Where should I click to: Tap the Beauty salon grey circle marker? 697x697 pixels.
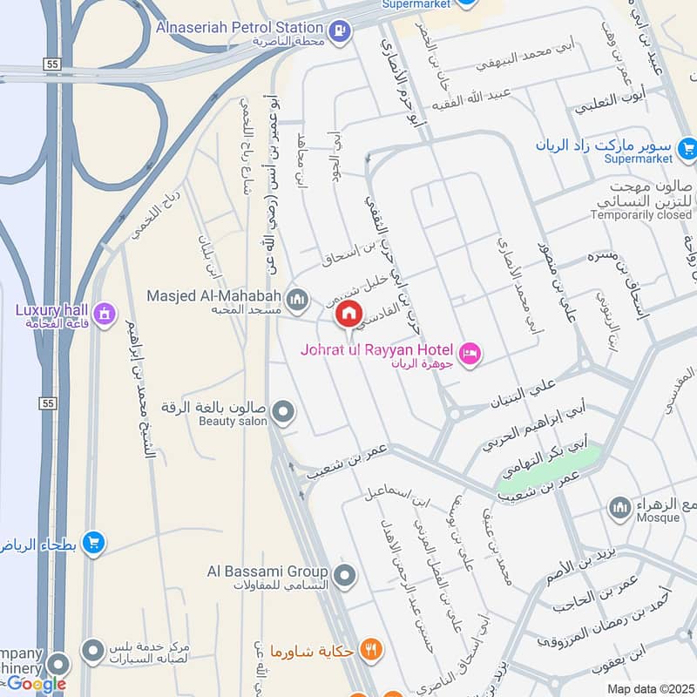282,410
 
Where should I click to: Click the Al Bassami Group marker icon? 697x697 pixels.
345,575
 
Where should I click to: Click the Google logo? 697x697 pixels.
36,684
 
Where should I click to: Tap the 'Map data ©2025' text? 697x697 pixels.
649,689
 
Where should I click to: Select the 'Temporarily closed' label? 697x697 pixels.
640,214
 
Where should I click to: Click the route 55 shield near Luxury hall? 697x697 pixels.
48,403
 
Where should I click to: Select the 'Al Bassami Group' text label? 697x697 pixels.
267,572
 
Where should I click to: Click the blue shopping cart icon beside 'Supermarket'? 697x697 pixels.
687,148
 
